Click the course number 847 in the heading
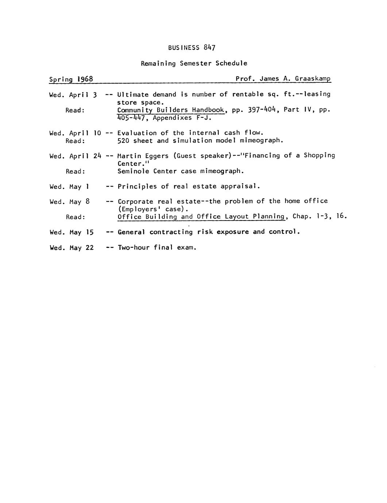(x=210, y=47)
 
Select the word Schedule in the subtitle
(x=231, y=63)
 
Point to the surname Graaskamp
(x=313, y=79)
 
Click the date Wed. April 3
(x=73, y=95)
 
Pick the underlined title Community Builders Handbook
(x=171, y=110)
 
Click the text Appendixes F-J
(x=182, y=118)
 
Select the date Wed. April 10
(x=75, y=133)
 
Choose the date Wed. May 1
(x=69, y=187)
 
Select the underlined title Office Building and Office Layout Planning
(x=201, y=217)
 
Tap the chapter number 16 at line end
(x=340, y=216)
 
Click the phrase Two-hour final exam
(x=157, y=248)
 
